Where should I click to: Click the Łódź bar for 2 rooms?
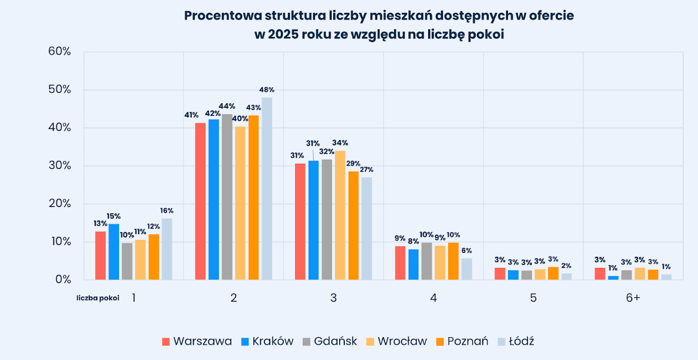pos(267,188)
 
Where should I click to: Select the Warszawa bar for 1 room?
pos(100,256)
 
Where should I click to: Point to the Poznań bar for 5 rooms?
pos(553,273)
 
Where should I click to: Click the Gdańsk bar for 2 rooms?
pos(227,196)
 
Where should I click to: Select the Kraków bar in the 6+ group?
pos(613,277)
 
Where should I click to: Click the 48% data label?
pos(267,90)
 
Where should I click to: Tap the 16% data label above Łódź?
pos(167,210)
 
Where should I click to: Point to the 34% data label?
pos(340,142)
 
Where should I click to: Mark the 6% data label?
pos(466,250)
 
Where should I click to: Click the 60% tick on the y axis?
pos(59,52)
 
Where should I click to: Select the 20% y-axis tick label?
pos(59,203)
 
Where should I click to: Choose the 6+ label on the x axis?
pos(633,298)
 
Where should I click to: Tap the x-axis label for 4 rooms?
pos(433,298)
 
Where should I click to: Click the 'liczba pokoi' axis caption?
pos(98,298)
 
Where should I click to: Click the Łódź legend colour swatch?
pos(502,341)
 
